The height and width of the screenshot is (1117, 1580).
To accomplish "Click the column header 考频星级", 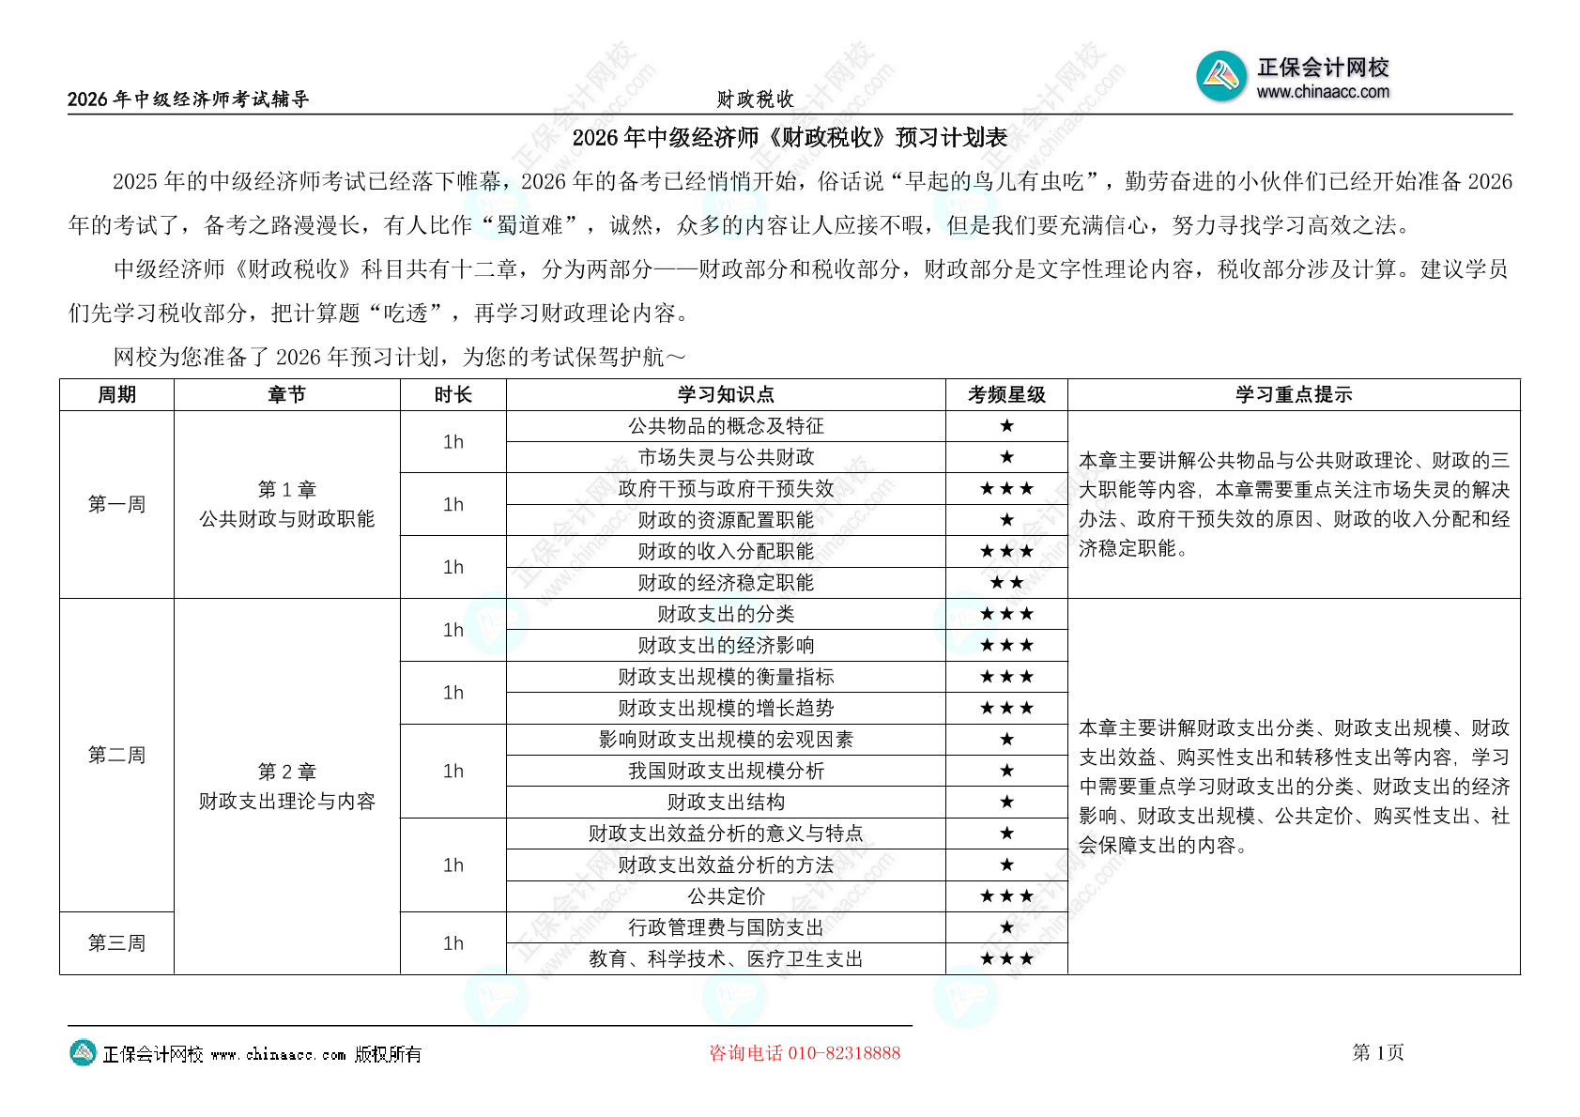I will [1006, 395].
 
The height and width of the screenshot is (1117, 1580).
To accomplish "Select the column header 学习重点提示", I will [1293, 395].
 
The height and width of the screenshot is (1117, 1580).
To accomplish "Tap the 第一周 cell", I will [116, 504].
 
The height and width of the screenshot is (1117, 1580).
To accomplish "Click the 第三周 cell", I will [116, 943].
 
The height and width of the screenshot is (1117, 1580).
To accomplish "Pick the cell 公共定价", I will [726, 896].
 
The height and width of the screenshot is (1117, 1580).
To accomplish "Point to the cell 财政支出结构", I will [726, 803].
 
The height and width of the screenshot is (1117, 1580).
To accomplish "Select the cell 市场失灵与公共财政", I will [726, 457].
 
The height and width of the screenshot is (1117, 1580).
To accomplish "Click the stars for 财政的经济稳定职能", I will [1006, 583].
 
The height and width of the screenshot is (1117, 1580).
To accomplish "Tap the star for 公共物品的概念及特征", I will [1006, 426].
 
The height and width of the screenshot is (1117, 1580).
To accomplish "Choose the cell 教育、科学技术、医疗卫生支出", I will [726, 959].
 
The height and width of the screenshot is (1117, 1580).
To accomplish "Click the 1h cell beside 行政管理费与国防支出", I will [453, 943].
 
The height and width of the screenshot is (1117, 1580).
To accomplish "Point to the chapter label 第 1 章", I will [287, 490].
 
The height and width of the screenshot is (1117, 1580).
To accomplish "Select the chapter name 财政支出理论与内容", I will [287, 802].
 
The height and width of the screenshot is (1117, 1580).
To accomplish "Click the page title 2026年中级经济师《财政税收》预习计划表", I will [790, 138].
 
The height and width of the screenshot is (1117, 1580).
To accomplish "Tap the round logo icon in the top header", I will [1221, 76].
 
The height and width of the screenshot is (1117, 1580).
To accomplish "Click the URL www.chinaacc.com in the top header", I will [1323, 92].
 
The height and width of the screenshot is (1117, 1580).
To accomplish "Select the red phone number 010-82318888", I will [844, 1053].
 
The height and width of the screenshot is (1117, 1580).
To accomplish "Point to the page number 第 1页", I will [1377, 1052].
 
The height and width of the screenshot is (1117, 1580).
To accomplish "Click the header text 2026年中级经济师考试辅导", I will [188, 99].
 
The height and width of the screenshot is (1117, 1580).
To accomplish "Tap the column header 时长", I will [453, 395].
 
